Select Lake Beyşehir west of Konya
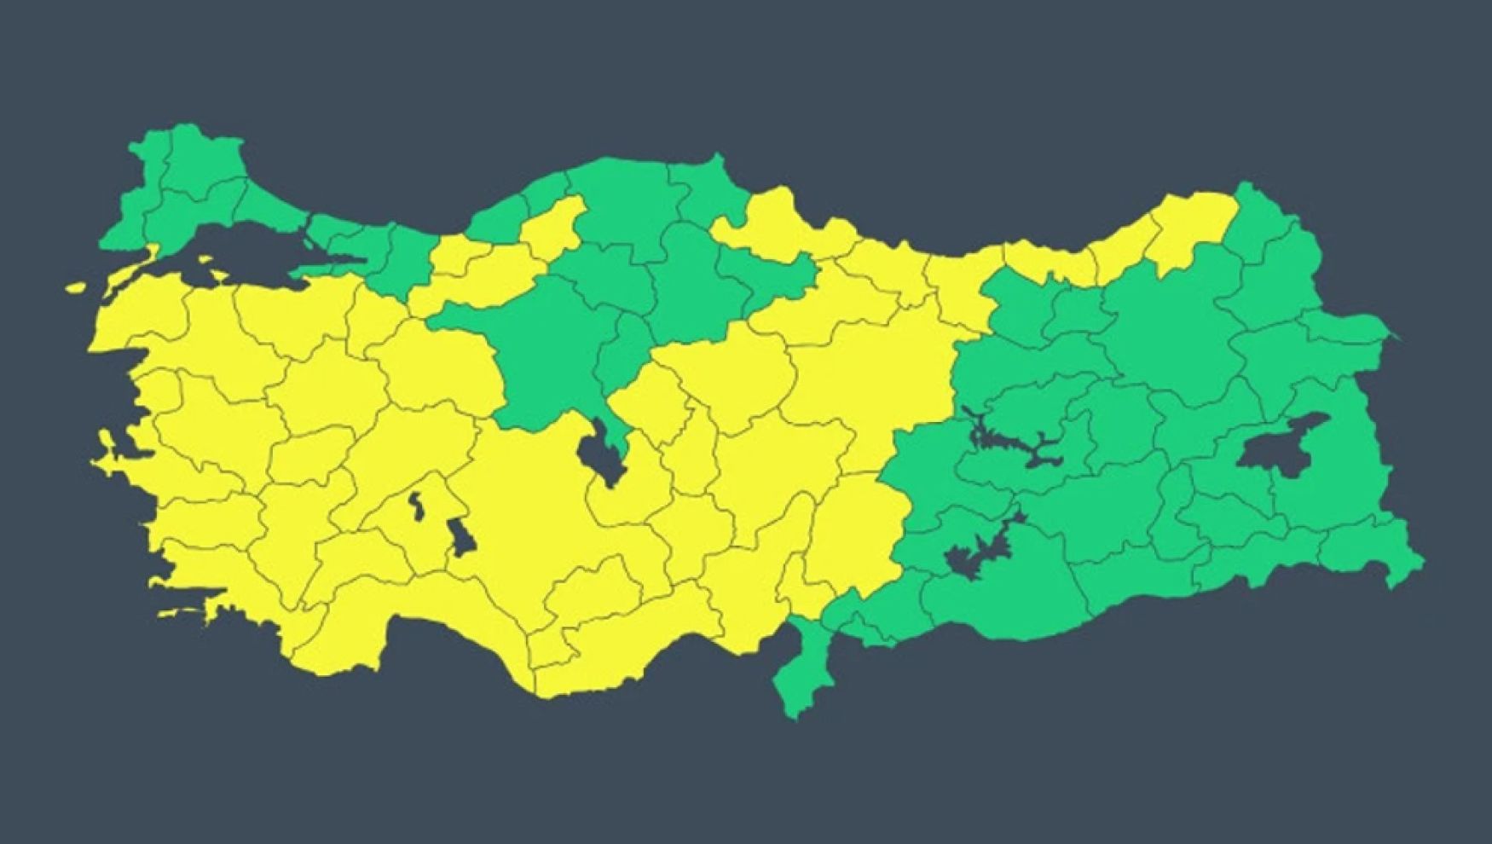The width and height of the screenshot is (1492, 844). point(463,536)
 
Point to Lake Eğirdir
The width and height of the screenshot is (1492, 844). point(417,506)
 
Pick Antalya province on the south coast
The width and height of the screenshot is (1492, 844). point(426,622)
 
